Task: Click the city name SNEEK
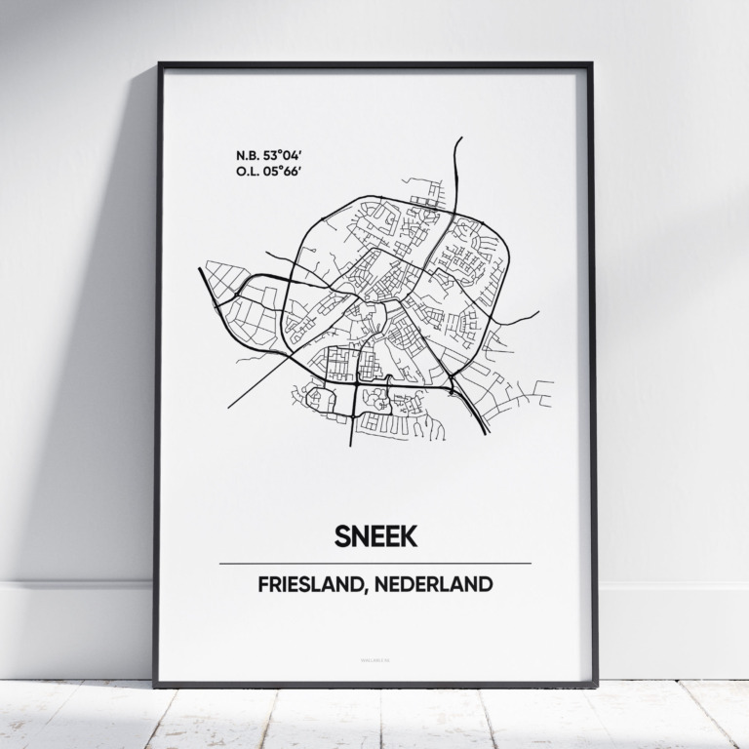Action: point(374,535)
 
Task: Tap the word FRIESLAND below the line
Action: point(304,586)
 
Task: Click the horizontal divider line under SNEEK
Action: point(374,564)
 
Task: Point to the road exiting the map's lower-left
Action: point(231,406)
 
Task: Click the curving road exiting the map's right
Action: point(535,313)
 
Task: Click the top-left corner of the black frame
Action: point(160,65)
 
